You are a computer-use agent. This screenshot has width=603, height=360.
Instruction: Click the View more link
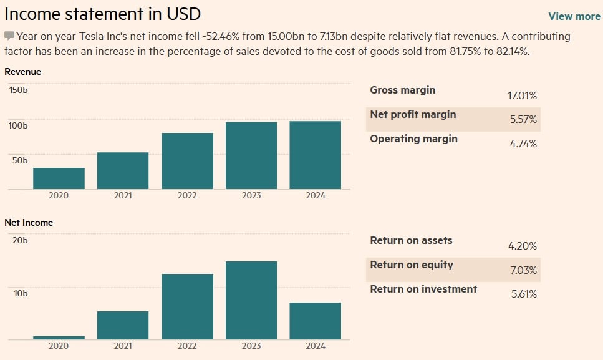pyautogui.click(x=574, y=16)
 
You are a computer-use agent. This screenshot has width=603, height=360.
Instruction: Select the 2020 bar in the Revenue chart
pyautogui.click(x=59, y=178)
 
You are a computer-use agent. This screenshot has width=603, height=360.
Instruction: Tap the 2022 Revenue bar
pyautogui.click(x=187, y=161)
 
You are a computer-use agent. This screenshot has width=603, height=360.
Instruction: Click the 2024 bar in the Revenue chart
pyautogui.click(x=315, y=155)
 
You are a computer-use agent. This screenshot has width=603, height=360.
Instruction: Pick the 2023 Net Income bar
pyautogui.click(x=251, y=300)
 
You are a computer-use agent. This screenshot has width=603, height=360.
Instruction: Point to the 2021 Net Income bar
pyautogui.click(x=123, y=325)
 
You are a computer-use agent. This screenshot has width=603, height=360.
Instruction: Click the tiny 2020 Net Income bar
pyautogui.click(x=59, y=338)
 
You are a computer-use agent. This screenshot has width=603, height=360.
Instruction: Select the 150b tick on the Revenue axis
pyautogui.click(x=18, y=90)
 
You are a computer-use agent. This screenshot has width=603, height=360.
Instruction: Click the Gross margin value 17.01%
pyautogui.click(x=522, y=96)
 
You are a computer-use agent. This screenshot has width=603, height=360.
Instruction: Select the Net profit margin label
pyautogui.click(x=413, y=114)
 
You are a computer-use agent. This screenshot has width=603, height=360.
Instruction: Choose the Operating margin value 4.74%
pyautogui.click(x=523, y=144)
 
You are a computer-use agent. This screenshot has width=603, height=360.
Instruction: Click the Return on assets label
pyautogui.click(x=411, y=240)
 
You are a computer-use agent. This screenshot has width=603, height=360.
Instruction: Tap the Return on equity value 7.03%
pyautogui.click(x=523, y=270)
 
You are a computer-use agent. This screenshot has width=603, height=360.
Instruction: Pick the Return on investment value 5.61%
pyautogui.click(x=523, y=294)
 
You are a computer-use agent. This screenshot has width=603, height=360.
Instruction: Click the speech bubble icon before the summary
pyautogui.click(x=9, y=36)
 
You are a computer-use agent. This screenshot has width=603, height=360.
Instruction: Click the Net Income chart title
pyautogui.click(x=29, y=223)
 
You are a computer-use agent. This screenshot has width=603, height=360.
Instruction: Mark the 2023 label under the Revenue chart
pyautogui.click(x=251, y=195)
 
